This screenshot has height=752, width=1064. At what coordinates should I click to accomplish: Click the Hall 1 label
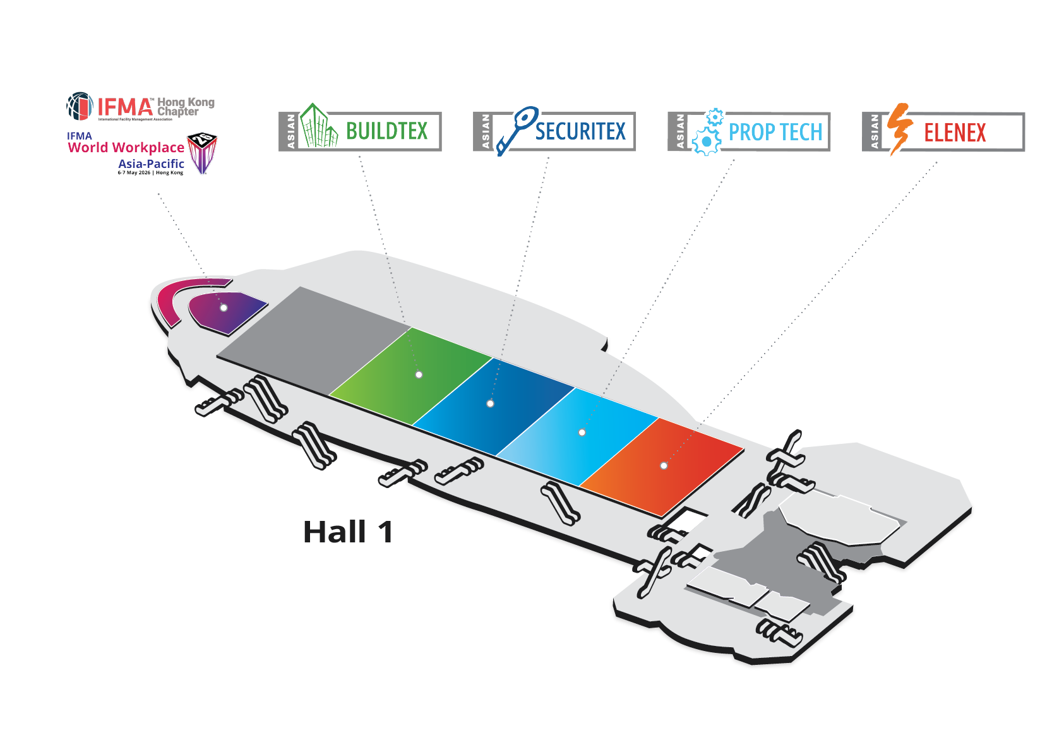click(x=348, y=532)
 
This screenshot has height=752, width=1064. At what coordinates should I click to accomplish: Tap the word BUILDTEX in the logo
click(x=386, y=131)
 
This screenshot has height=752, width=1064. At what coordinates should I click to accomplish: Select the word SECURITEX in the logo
click(x=580, y=131)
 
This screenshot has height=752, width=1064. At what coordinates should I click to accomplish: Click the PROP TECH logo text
click(x=775, y=132)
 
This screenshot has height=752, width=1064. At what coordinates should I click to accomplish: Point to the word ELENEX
click(x=955, y=133)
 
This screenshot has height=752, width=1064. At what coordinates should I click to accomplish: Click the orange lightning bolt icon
click(x=899, y=128)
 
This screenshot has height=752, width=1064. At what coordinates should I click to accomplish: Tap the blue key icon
click(x=515, y=129)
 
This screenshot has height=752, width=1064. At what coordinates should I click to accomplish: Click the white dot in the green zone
click(x=419, y=374)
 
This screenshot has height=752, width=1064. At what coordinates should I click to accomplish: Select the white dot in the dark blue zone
click(x=490, y=403)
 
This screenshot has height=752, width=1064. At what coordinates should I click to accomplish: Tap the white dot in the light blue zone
click(x=582, y=433)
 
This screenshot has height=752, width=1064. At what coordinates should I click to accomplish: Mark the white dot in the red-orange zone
click(x=664, y=465)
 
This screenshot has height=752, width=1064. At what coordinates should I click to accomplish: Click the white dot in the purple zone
click(x=224, y=307)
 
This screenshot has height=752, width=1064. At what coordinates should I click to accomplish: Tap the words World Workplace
click(x=126, y=148)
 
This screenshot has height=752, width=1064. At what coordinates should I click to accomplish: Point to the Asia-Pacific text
click(x=151, y=164)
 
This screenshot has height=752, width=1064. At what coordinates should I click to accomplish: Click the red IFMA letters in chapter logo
click(x=125, y=107)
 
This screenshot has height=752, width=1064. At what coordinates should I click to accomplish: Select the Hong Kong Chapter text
click(x=185, y=106)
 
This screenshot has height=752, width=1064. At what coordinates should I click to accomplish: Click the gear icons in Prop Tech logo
click(x=708, y=132)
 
